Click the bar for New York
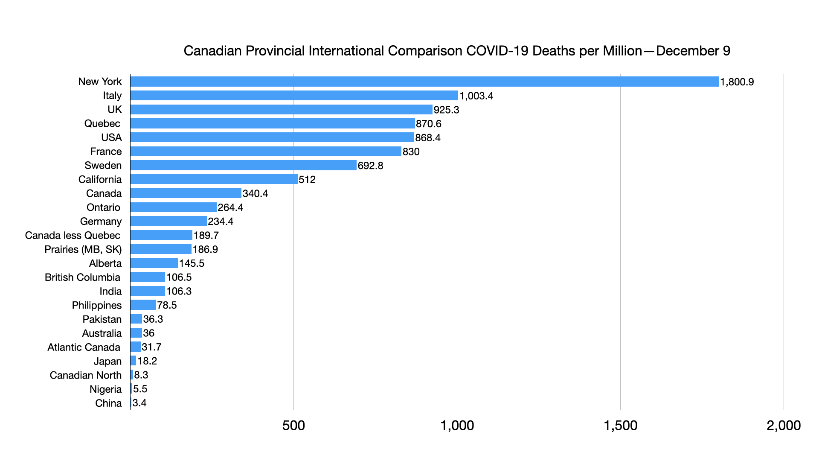pyautogui.click(x=424, y=82)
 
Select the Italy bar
pyautogui.click(x=294, y=96)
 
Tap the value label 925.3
pyautogui.click(x=446, y=110)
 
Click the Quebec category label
pyautogui.click(x=102, y=123)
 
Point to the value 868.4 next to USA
pyautogui.click(x=428, y=137)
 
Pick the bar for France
pyautogui.click(x=266, y=152)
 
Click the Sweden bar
pyautogui.click(x=243, y=165)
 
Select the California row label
pyautogui.click(x=100, y=179)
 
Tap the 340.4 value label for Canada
pyautogui.click(x=255, y=193)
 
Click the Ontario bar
pyautogui.click(x=173, y=207)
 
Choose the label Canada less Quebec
pyautogui.click(x=73, y=235)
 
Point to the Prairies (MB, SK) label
pyautogui.click(x=83, y=249)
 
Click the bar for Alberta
pyautogui.click(x=154, y=263)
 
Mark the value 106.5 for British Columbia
pyautogui.click(x=179, y=277)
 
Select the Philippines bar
pyautogui.click(x=143, y=305)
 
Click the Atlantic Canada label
pyautogui.click(x=84, y=347)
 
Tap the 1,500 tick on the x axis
pyautogui.click(x=620, y=425)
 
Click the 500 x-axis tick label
pyautogui.click(x=293, y=425)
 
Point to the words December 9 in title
pyautogui.click(x=693, y=51)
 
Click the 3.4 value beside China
pyautogui.click(x=139, y=403)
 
